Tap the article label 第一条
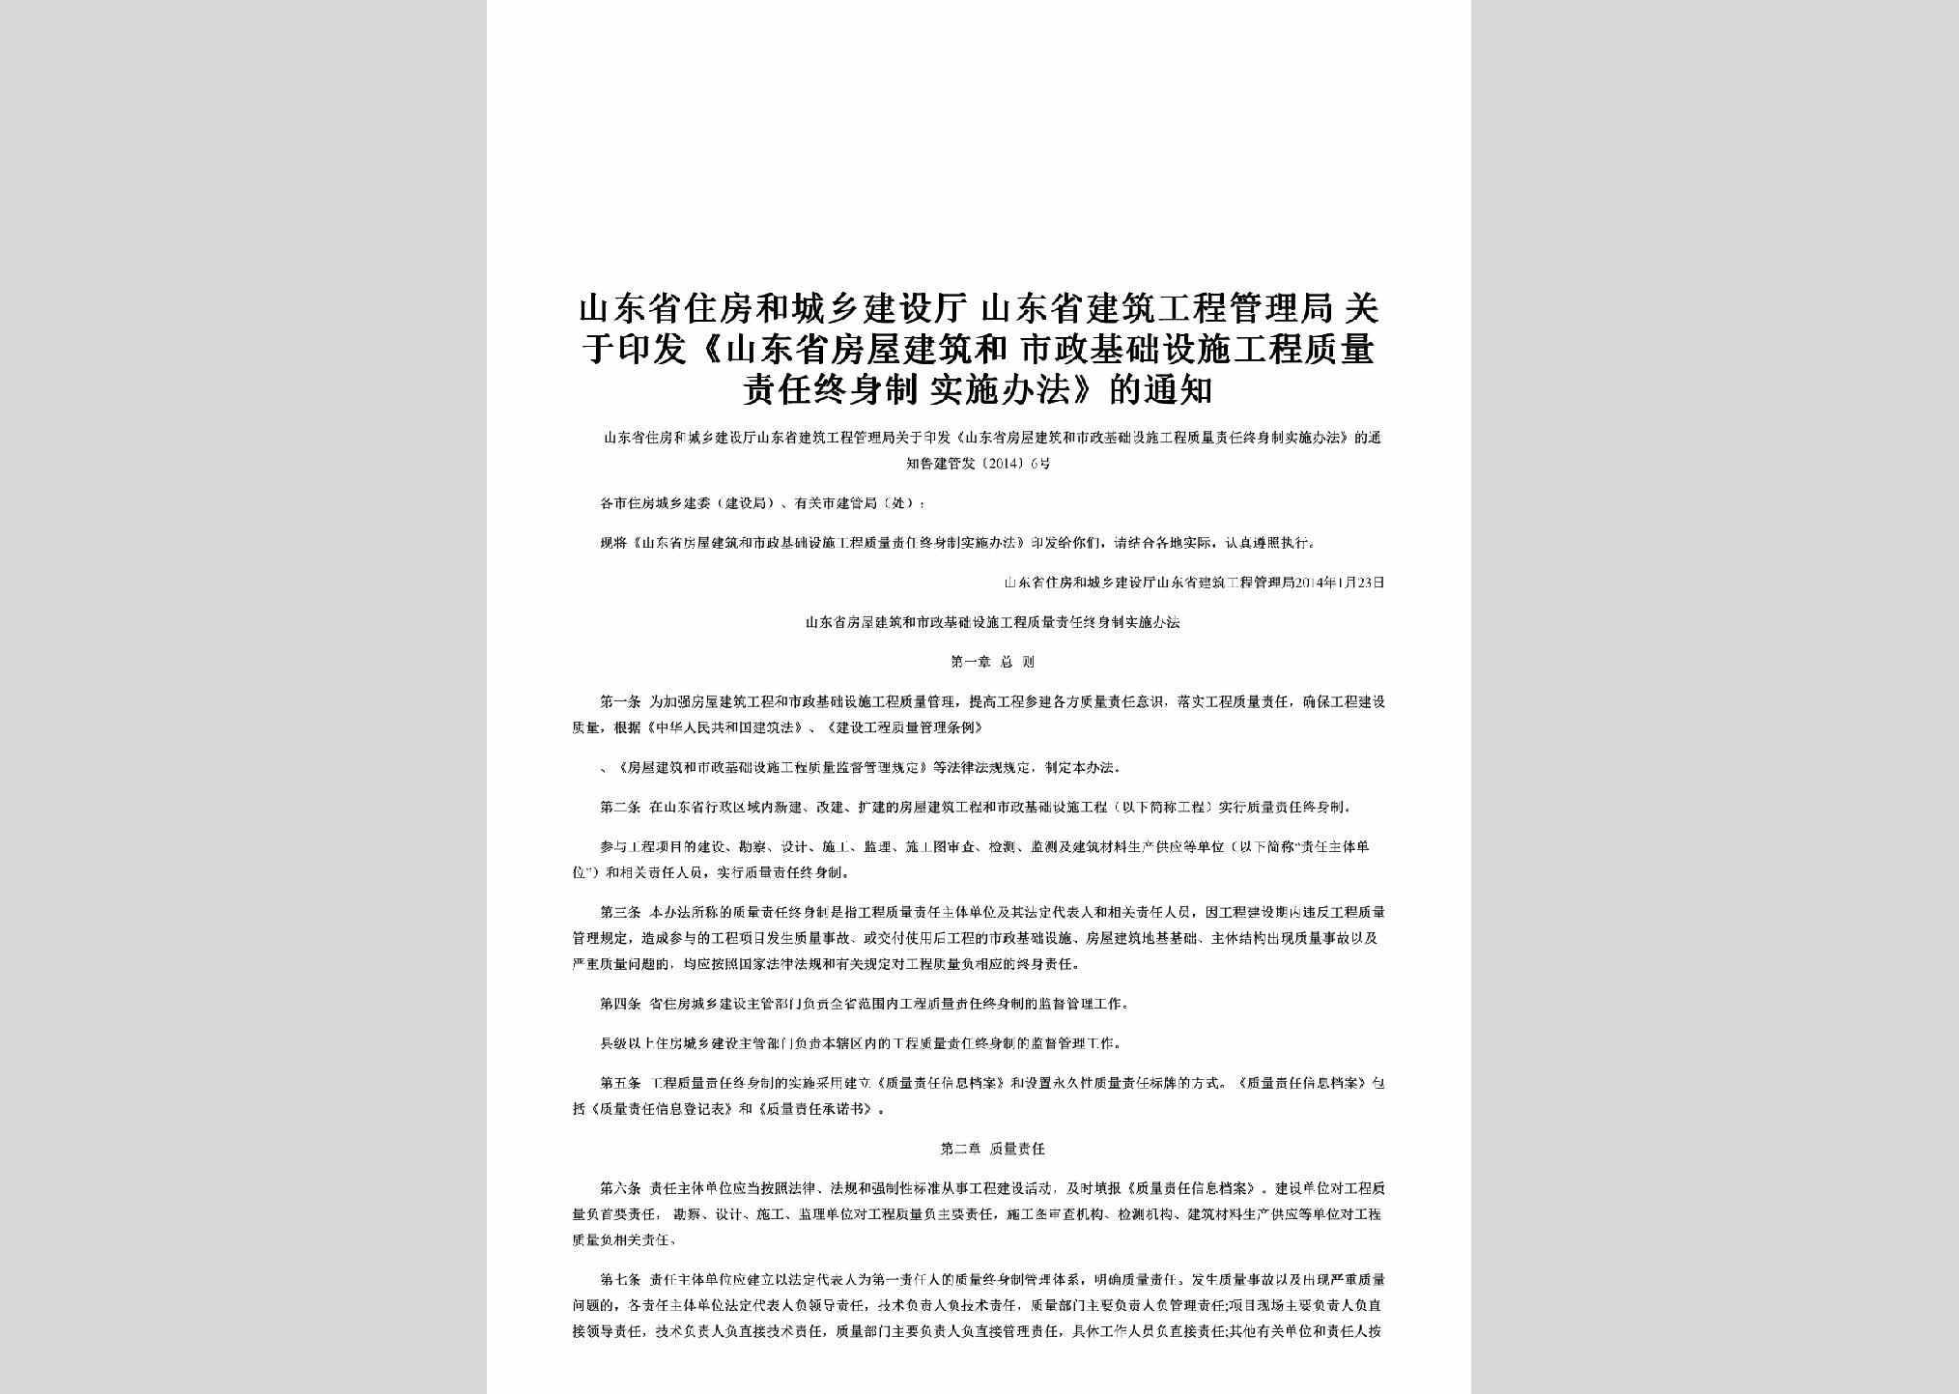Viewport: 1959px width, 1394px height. click(620, 702)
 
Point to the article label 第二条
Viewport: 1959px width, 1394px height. click(620, 807)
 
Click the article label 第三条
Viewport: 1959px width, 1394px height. click(620, 912)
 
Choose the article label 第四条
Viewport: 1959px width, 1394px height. click(620, 1004)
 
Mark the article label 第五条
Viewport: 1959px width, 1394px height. click(620, 1083)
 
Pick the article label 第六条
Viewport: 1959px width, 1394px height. click(620, 1188)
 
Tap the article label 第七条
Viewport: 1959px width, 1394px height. click(620, 1280)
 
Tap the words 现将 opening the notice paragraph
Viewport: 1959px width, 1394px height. click(613, 543)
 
